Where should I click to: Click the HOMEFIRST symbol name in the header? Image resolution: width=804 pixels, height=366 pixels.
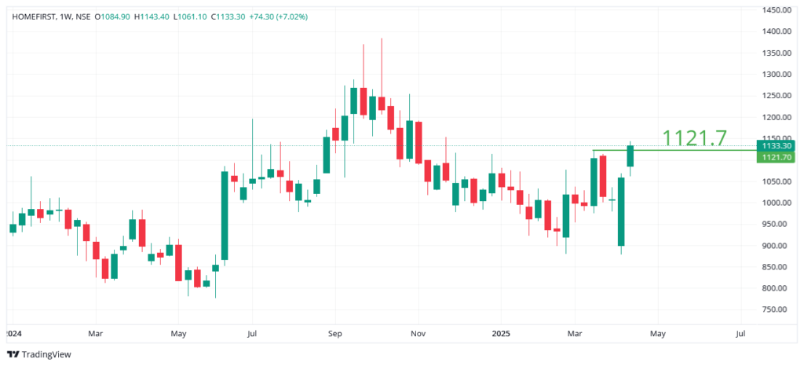click(x=35, y=16)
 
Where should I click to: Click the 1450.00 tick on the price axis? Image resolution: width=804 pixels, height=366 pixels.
click(x=775, y=9)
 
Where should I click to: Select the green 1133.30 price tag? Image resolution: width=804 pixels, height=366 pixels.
click(x=774, y=145)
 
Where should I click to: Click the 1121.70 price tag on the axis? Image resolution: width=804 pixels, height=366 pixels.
click(x=774, y=157)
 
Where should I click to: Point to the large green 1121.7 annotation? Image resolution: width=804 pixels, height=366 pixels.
click(x=694, y=138)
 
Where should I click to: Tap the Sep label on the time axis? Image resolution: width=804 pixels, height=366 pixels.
click(x=334, y=333)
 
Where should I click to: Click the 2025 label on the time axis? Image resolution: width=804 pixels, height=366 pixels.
click(x=501, y=333)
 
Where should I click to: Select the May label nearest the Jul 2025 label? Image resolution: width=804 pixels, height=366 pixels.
click(x=658, y=333)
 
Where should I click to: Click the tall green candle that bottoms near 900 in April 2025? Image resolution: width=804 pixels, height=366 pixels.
click(x=621, y=211)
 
